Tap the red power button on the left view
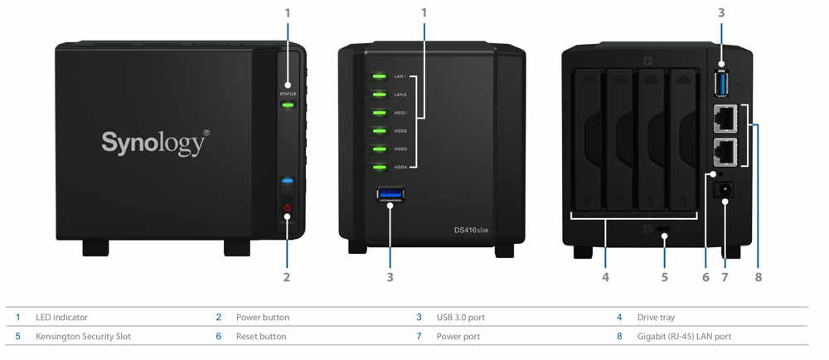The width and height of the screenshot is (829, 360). pyautogui.click(x=287, y=208)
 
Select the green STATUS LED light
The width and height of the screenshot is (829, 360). pyautogui.click(x=288, y=105)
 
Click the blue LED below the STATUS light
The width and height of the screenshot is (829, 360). pyautogui.click(x=287, y=180)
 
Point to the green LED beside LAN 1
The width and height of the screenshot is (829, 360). pyautogui.click(x=380, y=77)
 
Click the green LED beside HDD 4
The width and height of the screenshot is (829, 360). pyautogui.click(x=380, y=167)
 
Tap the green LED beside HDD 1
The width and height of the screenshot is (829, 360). pyautogui.click(x=380, y=113)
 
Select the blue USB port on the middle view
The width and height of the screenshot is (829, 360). pyautogui.click(x=390, y=195)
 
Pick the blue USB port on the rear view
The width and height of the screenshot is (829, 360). pyautogui.click(x=720, y=85)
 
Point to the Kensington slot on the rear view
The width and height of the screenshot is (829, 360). pyautogui.click(x=665, y=228)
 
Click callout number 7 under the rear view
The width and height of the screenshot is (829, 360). pyautogui.click(x=725, y=277)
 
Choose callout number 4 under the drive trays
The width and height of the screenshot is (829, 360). pyautogui.click(x=605, y=277)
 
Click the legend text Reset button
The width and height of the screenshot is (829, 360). pyautogui.click(x=261, y=337)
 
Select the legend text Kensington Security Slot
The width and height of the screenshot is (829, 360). pyautogui.click(x=83, y=337)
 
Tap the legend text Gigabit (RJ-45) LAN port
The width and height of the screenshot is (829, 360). pyautogui.click(x=684, y=337)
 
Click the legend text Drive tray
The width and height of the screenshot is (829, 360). pyautogui.click(x=656, y=318)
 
